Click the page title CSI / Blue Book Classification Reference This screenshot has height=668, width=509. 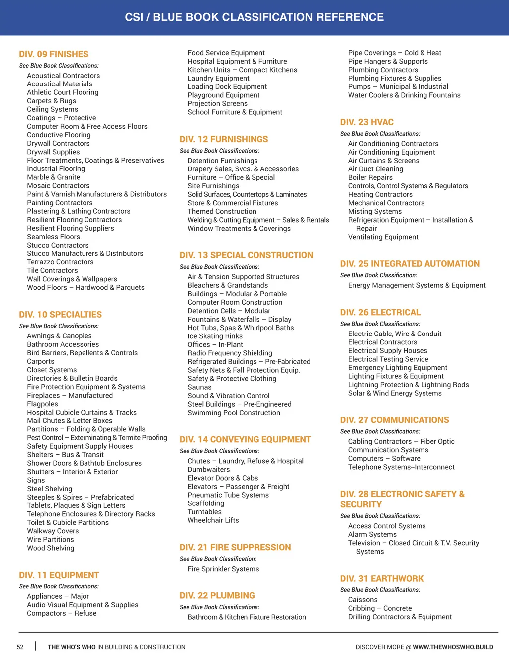254,17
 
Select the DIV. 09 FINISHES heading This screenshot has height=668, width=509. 54,54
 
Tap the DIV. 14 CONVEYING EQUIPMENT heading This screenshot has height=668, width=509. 245,440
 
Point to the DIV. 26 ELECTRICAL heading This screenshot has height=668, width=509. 380,313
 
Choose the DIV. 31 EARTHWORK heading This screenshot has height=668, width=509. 382,579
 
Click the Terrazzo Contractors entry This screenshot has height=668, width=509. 60,262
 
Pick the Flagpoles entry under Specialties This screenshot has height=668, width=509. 42,404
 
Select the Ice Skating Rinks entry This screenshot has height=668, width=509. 215,336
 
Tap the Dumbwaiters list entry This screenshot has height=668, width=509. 209,470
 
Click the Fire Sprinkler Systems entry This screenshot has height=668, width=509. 223,569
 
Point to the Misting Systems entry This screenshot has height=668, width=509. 375,211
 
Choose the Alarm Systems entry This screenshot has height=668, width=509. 372,535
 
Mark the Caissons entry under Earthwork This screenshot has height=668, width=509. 363,600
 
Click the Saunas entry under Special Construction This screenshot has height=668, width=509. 199,387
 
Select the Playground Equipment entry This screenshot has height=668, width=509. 224,95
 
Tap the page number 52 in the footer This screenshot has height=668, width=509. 20,647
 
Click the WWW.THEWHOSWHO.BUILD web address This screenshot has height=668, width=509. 452,647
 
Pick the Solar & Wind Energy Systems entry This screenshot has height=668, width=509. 395,393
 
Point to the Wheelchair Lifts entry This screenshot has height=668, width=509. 213,520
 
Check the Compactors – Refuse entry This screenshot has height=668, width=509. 62,613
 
